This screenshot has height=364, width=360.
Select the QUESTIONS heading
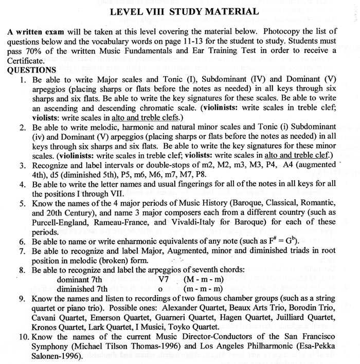pyautogui.click(x=31, y=70)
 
